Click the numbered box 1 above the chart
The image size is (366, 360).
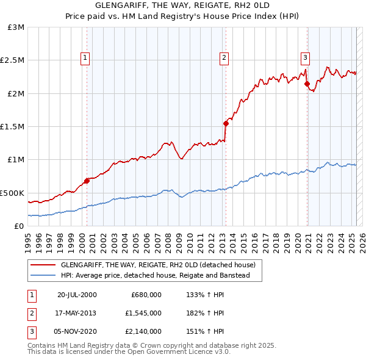coord(85,58)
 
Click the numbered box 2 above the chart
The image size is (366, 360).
coord(224,58)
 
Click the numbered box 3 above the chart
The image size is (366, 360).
coord(304,58)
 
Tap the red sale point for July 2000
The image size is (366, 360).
coord(87,180)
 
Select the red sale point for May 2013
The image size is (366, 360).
coord(226,123)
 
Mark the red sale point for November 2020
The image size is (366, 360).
coord(307,84)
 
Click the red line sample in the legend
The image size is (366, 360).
coord(43,265)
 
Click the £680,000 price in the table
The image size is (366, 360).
coord(146,295)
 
